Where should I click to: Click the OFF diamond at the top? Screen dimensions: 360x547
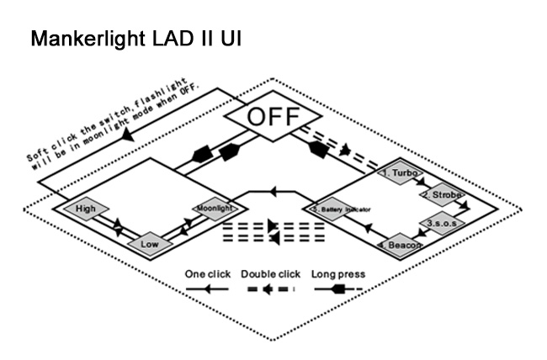(272, 117)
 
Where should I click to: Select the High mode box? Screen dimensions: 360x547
(87, 208)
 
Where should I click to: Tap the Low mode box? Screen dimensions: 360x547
(150, 244)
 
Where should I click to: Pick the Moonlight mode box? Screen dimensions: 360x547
(208, 207)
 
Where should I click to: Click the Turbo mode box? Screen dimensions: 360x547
(401, 172)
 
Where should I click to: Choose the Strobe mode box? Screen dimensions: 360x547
(441, 194)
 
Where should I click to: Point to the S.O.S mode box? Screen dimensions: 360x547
(441, 224)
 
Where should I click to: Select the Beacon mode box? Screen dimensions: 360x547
(401, 245)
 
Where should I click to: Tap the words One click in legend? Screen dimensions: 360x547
(207, 273)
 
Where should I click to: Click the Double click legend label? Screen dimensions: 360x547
(270, 273)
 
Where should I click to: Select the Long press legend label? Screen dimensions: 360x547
(337, 273)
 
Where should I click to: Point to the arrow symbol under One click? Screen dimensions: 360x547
(207, 288)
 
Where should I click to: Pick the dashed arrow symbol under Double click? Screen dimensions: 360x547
(269, 288)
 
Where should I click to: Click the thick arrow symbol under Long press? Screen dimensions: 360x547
(337, 288)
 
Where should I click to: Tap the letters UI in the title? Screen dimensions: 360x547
(231, 39)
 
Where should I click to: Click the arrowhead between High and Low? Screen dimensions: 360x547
(119, 225)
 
